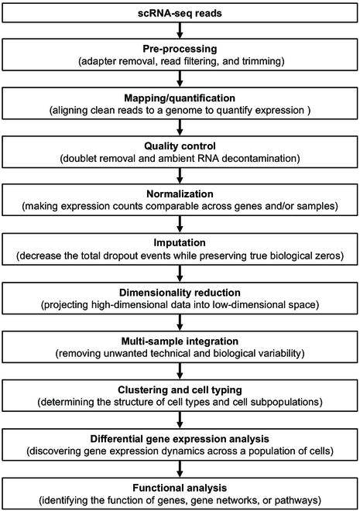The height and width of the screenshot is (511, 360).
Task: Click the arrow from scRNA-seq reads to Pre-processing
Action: pyautogui.click(x=180, y=30)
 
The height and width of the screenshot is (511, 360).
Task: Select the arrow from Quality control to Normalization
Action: pyautogui.click(x=180, y=174)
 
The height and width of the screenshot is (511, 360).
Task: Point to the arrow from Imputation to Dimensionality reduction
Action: pyautogui.click(x=180, y=271)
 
